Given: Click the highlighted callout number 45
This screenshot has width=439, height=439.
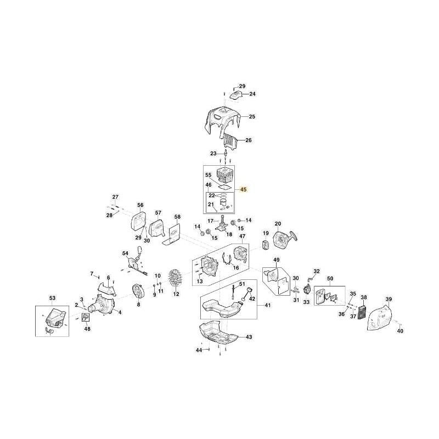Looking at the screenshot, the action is [x=243, y=189].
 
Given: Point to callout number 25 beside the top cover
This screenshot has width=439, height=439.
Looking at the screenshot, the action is [x=252, y=116].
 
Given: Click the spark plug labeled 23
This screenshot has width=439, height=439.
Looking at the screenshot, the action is [x=226, y=154].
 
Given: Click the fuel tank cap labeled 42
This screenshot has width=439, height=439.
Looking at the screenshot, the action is [x=249, y=291].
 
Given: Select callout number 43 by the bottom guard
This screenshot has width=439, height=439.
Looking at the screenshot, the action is [x=249, y=337].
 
